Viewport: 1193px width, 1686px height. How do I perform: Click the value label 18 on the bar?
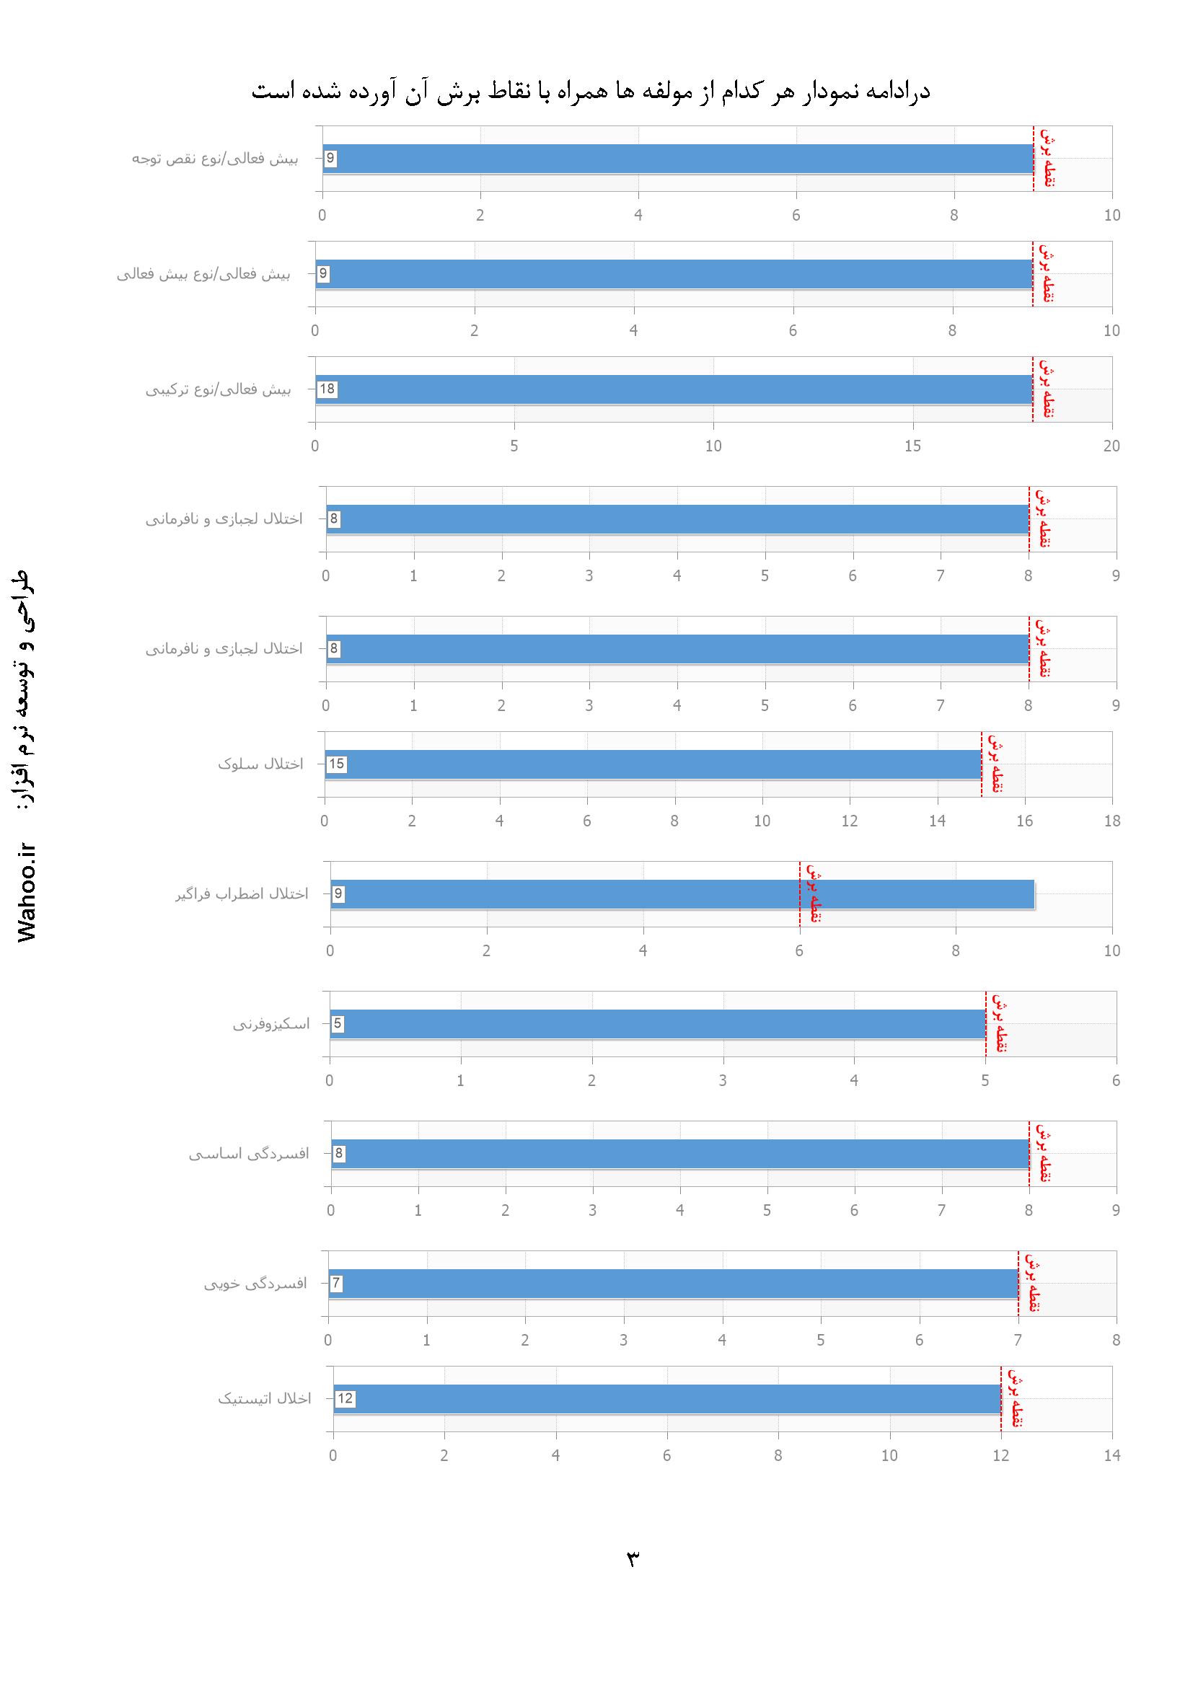(x=327, y=389)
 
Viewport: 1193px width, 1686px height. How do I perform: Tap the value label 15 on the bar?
(x=336, y=764)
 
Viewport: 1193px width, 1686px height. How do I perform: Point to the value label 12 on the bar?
(x=345, y=1399)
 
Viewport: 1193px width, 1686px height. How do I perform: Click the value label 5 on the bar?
(x=338, y=1024)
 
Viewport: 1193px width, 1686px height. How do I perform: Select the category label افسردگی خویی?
(x=255, y=1284)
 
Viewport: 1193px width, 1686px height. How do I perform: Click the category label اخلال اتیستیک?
(x=264, y=1399)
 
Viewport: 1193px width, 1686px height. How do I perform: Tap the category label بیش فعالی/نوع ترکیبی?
(x=218, y=390)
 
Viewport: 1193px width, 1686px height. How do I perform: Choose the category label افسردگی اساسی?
(x=248, y=1154)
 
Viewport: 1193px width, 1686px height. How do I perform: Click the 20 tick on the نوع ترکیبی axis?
(x=1111, y=446)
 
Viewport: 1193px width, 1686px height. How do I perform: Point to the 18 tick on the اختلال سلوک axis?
(x=1111, y=821)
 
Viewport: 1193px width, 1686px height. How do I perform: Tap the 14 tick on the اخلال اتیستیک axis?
(x=1111, y=1455)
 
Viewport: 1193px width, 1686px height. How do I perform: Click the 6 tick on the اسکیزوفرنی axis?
(x=1116, y=1080)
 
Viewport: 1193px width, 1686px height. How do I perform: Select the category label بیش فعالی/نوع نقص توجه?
(x=214, y=159)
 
